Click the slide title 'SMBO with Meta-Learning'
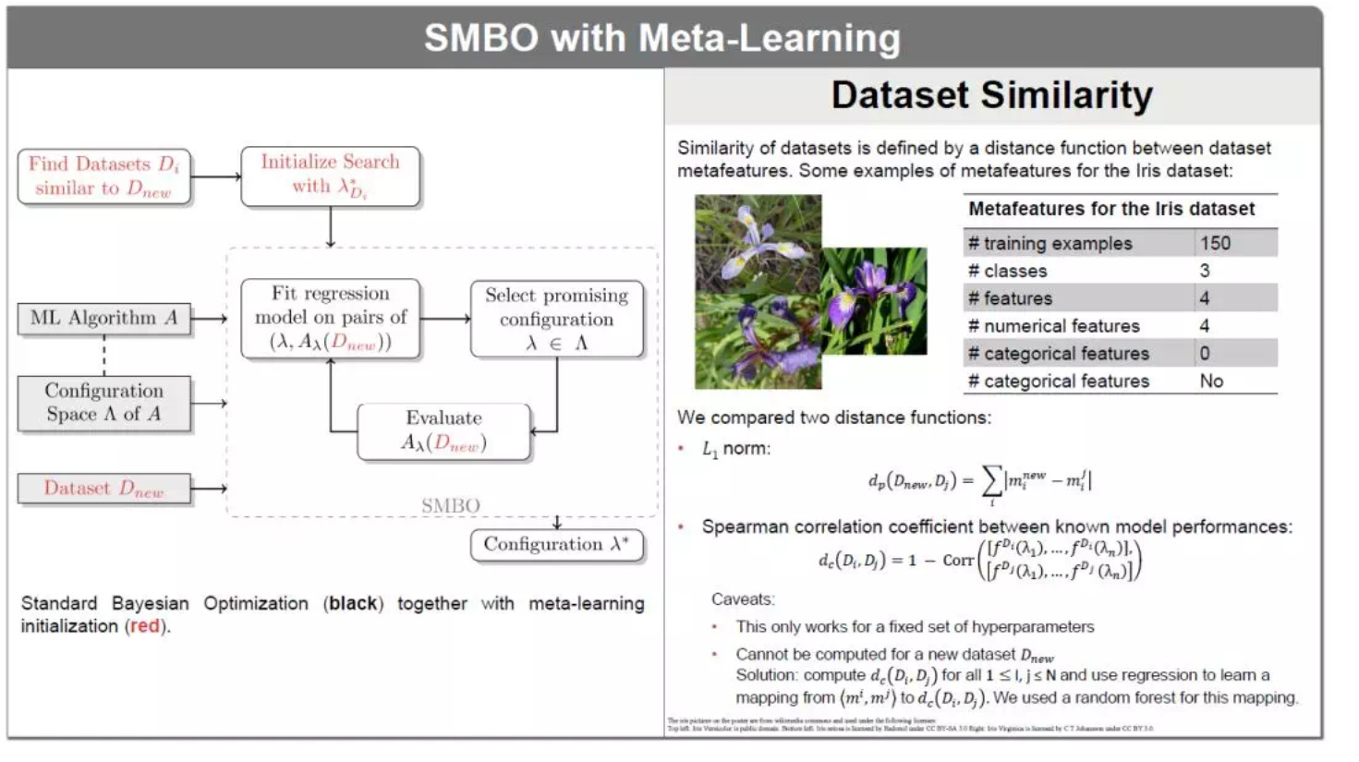click(x=661, y=38)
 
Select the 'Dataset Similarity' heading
click(x=991, y=95)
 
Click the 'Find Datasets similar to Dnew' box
click(x=103, y=175)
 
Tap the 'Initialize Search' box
click(x=330, y=175)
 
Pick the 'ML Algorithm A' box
click(x=103, y=318)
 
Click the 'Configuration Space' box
click(x=103, y=403)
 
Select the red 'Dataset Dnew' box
click(x=103, y=488)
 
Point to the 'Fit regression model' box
click(x=330, y=318)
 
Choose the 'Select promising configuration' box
click(x=556, y=319)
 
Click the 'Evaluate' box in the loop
click(x=443, y=430)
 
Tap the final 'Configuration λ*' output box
click(x=556, y=544)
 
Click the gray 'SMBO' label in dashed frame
click(x=450, y=505)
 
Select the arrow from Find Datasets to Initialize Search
click(x=215, y=175)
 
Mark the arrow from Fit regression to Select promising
click(x=445, y=319)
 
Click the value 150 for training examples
click(x=1215, y=243)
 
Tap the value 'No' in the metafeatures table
click(x=1210, y=381)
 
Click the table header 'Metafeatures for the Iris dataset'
click(x=1110, y=209)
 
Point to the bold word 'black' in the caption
click(x=353, y=603)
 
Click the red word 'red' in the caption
click(x=144, y=626)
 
